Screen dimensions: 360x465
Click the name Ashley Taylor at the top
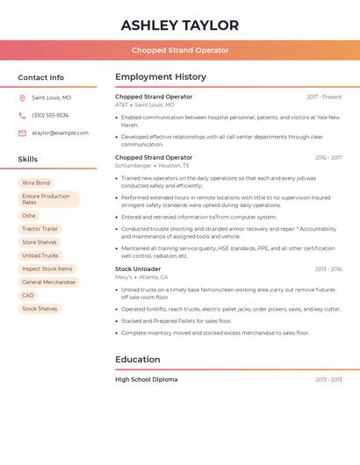tap(180, 25)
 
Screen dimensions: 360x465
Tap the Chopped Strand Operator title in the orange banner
tap(180, 50)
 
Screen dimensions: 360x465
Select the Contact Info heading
tap(41, 77)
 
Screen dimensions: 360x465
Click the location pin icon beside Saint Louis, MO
tap(22, 98)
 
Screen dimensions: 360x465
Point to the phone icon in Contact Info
tap(22, 116)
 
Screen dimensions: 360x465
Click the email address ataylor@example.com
tap(60, 133)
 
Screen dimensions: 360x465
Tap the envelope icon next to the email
tap(22, 133)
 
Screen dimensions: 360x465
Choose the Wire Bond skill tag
tap(36, 183)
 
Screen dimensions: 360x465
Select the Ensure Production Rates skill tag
tap(48, 199)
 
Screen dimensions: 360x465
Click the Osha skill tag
tap(29, 216)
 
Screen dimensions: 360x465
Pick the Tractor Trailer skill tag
tap(40, 229)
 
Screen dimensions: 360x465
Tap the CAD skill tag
tap(28, 296)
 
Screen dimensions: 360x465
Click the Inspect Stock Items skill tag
tap(47, 269)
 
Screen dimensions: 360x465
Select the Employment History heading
tap(161, 77)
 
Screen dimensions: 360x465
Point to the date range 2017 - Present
tap(324, 97)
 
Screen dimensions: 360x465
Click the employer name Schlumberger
tap(133, 166)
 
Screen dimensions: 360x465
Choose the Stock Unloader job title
tap(138, 269)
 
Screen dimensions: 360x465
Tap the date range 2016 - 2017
tap(328, 158)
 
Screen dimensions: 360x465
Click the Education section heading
tap(138, 360)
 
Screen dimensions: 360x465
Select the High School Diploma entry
tap(146, 380)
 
